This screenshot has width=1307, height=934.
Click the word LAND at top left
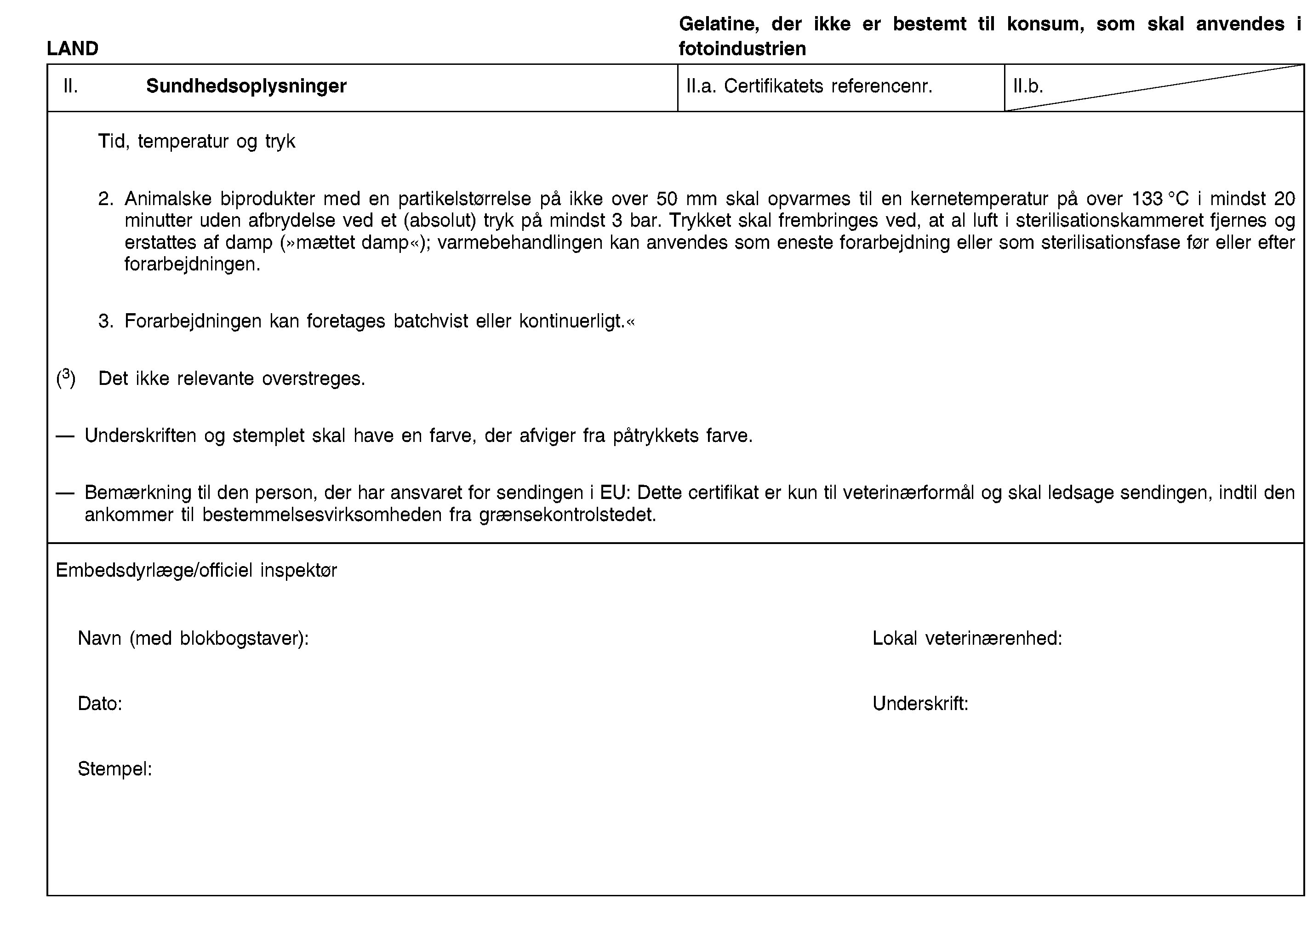pyautogui.click(x=73, y=48)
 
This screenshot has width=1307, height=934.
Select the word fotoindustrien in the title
pyautogui.click(x=742, y=49)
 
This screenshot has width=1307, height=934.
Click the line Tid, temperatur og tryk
pyautogui.click(x=197, y=141)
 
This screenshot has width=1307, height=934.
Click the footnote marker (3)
pyautogui.click(x=66, y=378)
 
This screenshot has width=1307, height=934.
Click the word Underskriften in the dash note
pyautogui.click(x=140, y=436)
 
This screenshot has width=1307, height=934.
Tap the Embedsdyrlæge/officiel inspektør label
pyautogui.click(x=196, y=570)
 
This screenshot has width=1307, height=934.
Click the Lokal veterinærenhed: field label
pyautogui.click(x=967, y=638)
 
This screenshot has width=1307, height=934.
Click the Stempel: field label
pyautogui.click(x=115, y=769)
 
